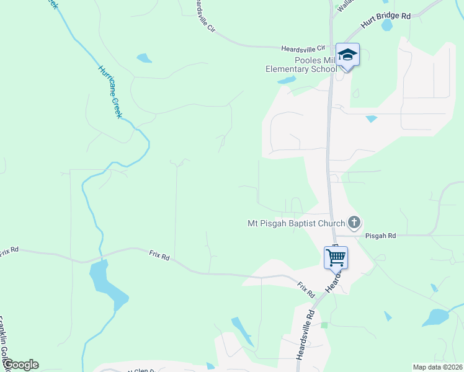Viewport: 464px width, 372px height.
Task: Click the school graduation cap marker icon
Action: [x=347, y=55]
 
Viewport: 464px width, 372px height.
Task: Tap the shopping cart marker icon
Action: [x=336, y=257]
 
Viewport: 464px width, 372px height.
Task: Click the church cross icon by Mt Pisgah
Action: [x=354, y=222]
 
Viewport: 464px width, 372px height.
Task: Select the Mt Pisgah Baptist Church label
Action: [x=296, y=223]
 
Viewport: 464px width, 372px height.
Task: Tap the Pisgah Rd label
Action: [x=380, y=236]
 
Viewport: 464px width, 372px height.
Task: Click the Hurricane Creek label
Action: [x=110, y=91]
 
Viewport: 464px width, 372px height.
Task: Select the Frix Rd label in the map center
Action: [x=159, y=254]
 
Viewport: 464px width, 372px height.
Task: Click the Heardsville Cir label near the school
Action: [x=303, y=48]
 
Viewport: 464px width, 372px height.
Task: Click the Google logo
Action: [x=20, y=365]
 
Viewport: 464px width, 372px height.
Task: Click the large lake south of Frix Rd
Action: [x=106, y=285]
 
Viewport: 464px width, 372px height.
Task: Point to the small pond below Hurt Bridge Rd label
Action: [x=388, y=25]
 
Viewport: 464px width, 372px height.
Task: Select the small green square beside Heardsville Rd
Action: [x=324, y=325]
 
